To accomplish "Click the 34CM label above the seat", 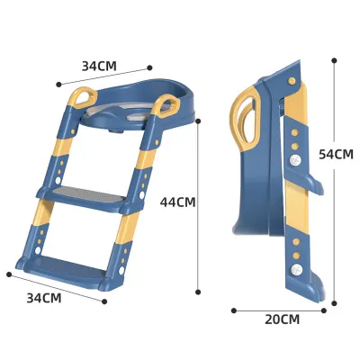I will pyautogui.click(x=99, y=66).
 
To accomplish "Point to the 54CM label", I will pyautogui.click(x=336, y=154).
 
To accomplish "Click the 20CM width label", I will pyautogui.click(x=282, y=319).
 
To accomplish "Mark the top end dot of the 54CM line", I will pyautogui.click(x=335, y=60).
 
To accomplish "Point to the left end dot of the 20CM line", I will pyautogui.click(x=234, y=310).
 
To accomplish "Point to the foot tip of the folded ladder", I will pyautogui.click(x=316, y=291).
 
